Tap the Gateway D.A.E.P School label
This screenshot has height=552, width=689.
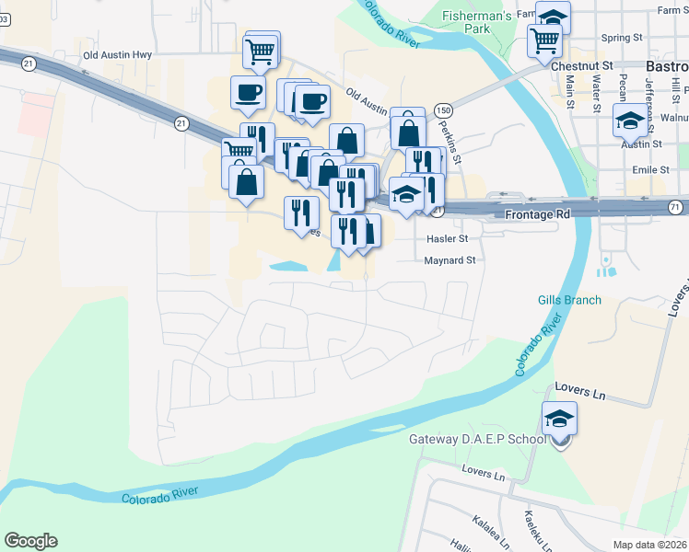(x=477, y=439)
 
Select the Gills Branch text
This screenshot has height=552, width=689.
(x=569, y=300)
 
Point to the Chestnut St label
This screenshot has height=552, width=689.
(x=581, y=66)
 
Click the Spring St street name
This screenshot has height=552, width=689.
(x=621, y=38)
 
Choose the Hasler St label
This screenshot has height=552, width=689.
(x=448, y=238)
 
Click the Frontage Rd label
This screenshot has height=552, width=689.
(x=539, y=213)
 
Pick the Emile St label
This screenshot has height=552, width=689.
(x=650, y=170)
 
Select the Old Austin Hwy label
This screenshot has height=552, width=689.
(x=117, y=55)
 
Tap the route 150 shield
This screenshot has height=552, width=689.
(x=443, y=109)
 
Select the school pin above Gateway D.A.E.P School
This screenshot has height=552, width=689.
(x=559, y=419)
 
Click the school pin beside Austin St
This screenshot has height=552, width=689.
(x=630, y=121)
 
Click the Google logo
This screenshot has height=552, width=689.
(x=30, y=541)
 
